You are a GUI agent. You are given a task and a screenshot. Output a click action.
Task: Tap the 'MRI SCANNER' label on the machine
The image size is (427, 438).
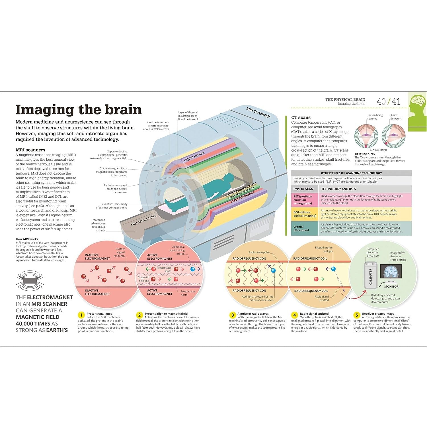click(x=258, y=112)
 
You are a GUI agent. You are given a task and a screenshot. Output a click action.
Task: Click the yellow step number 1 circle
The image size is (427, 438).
click(x=81, y=315)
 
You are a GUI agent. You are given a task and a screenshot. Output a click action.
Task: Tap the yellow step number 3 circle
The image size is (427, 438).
click(x=233, y=315)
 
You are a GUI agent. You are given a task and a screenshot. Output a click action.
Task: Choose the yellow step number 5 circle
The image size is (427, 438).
click(x=357, y=315)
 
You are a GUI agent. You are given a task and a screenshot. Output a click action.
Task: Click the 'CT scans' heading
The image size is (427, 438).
click(x=301, y=117)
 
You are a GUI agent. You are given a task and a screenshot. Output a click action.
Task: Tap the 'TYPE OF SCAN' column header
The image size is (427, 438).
click(x=303, y=189)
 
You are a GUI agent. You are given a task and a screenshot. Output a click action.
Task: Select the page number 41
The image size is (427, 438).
click(x=396, y=102)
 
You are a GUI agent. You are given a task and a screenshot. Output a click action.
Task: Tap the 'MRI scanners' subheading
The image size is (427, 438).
click(x=30, y=150)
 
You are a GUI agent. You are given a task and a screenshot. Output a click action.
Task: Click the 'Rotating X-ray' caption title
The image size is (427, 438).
click(x=365, y=154)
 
